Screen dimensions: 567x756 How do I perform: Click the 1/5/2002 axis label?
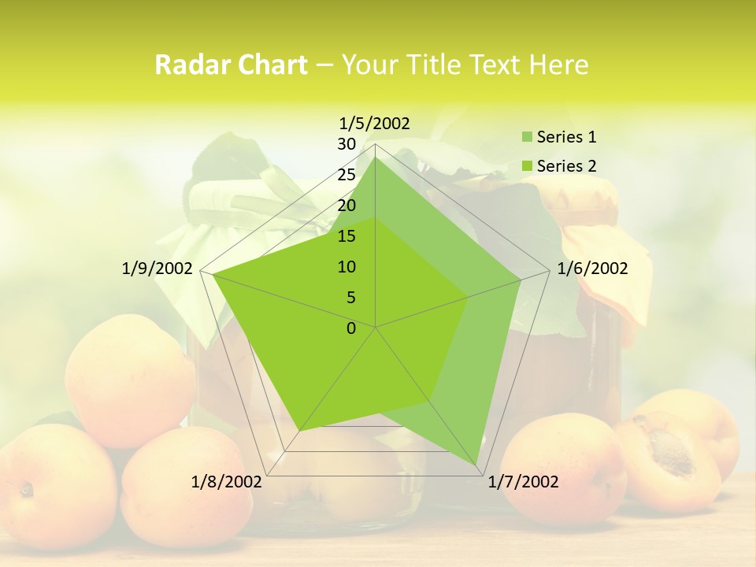click(374, 124)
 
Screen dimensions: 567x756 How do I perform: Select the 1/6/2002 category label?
click(592, 269)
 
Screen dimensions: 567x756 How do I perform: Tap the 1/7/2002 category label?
click(523, 482)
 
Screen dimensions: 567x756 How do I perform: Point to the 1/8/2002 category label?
click(227, 482)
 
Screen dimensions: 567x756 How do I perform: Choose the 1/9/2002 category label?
click(157, 269)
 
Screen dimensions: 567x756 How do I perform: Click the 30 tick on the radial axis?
click(346, 144)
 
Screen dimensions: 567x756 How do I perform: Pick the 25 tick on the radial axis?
click(346, 175)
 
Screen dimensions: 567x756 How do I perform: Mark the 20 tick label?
click(346, 206)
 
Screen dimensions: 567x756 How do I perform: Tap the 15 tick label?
click(346, 236)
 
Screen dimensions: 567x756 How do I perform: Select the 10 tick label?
click(346, 267)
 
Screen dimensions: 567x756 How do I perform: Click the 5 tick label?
click(351, 298)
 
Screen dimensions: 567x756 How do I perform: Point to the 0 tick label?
click(351, 328)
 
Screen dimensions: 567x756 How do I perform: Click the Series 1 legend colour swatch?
click(527, 137)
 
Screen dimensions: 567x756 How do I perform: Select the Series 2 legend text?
click(566, 166)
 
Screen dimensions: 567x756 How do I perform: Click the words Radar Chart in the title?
click(231, 65)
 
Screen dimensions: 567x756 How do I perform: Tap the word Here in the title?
click(558, 65)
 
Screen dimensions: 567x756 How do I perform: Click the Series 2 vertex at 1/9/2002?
click(213, 275)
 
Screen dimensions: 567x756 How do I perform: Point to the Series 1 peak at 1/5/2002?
click(376, 157)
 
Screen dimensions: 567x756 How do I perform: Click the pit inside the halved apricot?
click(670, 450)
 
